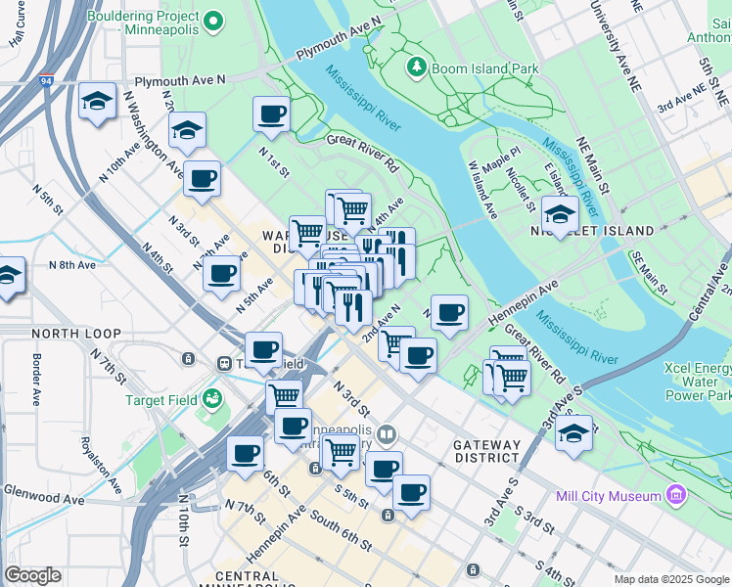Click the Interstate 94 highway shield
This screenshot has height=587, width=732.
click(47, 82)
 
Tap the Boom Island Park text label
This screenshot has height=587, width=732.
click(485, 68)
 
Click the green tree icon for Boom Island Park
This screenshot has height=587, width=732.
click(417, 67)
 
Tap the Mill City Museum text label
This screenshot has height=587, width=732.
click(608, 496)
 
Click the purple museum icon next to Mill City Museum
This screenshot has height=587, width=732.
click(675, 496)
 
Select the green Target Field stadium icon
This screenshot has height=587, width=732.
click(210, 399)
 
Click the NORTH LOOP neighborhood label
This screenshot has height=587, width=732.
click(61, 334)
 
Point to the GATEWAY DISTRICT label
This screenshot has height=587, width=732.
click(486, 451)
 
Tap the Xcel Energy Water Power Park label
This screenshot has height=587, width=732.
click(698, 383)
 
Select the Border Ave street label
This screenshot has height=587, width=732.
click(35, 380)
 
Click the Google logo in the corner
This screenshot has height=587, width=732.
click(32, 575)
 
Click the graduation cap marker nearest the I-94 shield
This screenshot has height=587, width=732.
click(97, 101)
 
